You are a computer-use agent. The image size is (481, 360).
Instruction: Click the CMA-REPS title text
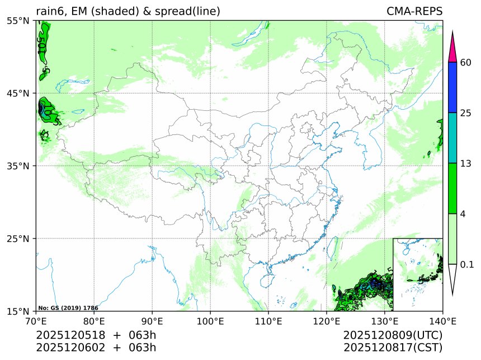414,11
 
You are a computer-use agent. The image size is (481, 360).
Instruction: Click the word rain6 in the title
49,11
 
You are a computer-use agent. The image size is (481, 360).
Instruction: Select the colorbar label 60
466,62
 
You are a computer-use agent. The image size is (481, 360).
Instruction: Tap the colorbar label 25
466,113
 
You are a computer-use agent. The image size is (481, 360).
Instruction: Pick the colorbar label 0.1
468,264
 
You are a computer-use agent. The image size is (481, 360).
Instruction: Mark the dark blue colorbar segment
453,87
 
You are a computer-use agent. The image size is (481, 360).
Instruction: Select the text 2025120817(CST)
393,347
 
